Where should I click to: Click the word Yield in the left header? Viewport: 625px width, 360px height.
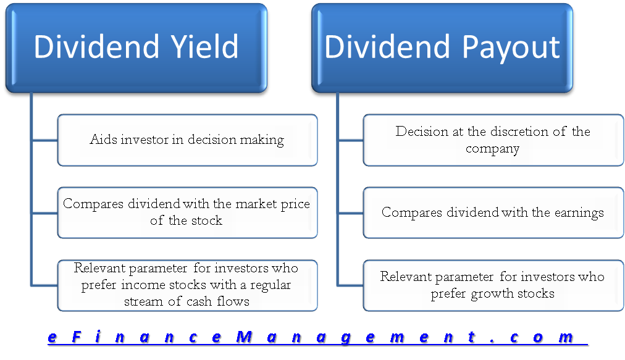(199, 47)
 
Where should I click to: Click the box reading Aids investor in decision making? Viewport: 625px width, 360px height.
(187, 140)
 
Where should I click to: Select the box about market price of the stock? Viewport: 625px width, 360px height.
(187, 212)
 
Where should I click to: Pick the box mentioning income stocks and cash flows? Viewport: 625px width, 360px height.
(187, 285)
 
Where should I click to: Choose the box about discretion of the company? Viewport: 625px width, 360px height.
(493, 140)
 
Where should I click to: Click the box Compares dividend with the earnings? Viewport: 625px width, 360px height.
(493, 212)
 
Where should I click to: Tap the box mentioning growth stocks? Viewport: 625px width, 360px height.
(493, 285)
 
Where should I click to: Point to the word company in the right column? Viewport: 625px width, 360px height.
(492, 148)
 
